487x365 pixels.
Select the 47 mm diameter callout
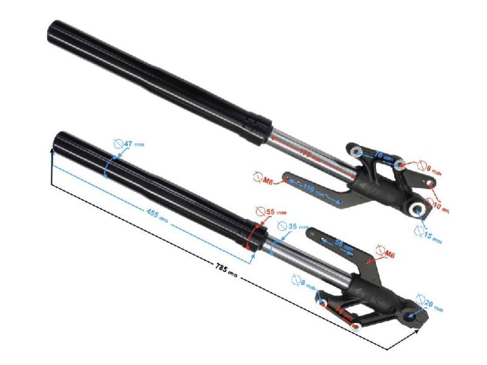(131, 144)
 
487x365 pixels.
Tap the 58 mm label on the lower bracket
(345, 245)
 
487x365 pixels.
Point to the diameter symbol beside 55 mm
(260, 210)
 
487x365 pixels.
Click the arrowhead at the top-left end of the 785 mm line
(52, 148)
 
